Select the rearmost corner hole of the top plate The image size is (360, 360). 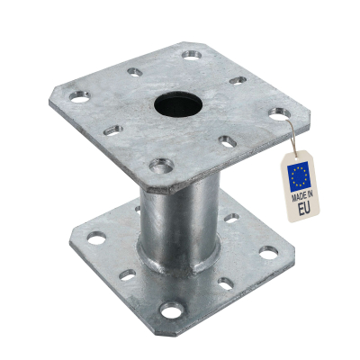191,55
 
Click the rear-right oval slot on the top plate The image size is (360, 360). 238,81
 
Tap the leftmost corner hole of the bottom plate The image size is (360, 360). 94,240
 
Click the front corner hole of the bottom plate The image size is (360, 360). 169,311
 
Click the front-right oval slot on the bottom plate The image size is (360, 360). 225,284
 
